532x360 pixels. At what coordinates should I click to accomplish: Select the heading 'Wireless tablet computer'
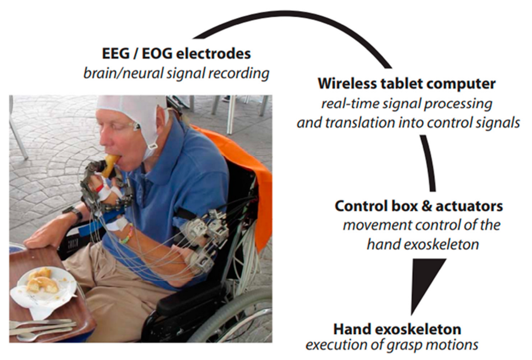click(x=406, y=84)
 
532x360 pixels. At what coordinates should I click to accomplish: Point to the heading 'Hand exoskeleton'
click(x=397, y=329)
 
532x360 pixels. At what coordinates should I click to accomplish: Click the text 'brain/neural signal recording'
click(x=176, y=73)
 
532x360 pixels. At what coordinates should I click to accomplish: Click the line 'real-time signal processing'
click(x=406, y=103)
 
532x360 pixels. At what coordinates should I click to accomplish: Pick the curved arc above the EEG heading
click(x=293, y=21)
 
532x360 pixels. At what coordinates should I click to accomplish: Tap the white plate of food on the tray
click(x=45, y=286)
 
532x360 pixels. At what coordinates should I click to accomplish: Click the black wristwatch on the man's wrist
click(x=74, y=213)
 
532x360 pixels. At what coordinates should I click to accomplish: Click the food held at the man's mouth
click(x=110, y=164)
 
